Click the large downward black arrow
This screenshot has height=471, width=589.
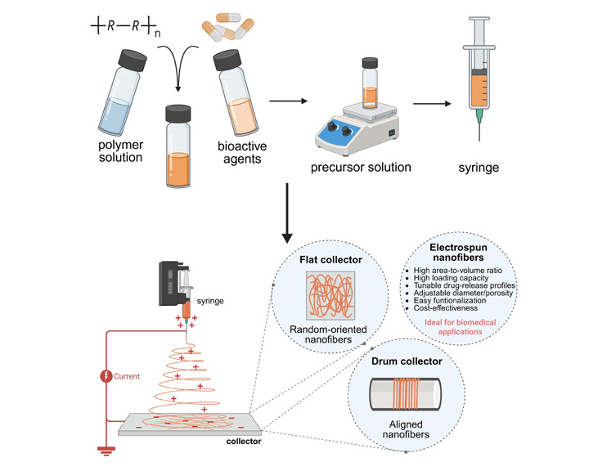(x=287, y=213)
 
